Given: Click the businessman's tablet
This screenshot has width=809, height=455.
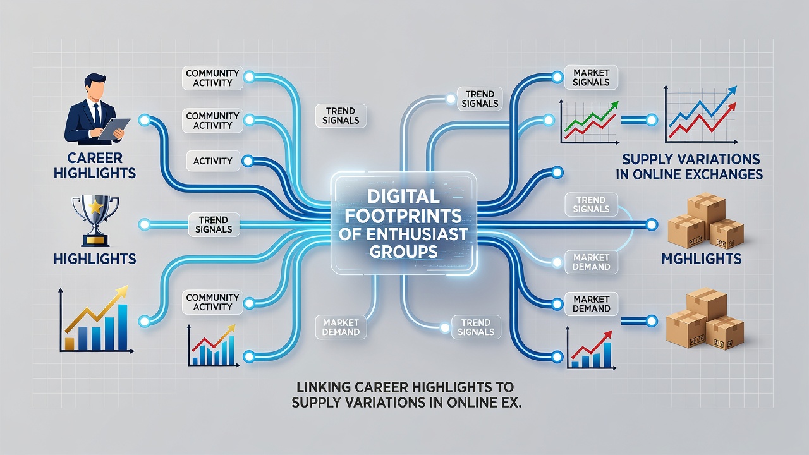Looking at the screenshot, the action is tap(114, 129).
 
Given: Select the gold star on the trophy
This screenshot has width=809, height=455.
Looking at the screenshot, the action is tap(95, 207).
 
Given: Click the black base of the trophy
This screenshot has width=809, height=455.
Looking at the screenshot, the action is tap(95, 241).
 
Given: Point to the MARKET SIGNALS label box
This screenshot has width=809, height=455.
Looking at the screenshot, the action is tap(591, 78).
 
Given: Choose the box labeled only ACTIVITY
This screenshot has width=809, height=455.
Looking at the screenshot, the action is tap(213, 161).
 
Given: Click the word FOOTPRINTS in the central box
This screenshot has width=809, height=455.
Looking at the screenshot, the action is tap(403, 216).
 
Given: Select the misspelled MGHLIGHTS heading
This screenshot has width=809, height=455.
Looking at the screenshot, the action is tap(702, 258).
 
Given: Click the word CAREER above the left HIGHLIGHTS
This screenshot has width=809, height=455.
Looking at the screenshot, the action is tap(95, 158).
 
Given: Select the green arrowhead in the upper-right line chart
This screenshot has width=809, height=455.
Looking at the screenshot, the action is tap(614, 106).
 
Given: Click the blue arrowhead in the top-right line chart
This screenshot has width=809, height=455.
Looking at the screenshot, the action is tap(732, 90).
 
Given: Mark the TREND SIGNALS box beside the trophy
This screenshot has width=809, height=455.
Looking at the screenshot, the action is tap(214, 224).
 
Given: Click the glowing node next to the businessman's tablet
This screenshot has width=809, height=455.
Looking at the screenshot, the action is tap(144, 120).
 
